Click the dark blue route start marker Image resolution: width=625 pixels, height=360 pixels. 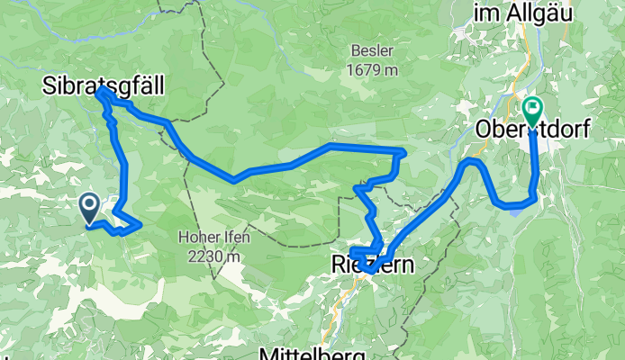[x=90, y=208]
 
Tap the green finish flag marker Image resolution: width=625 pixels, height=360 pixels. [x=532, y=112]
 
